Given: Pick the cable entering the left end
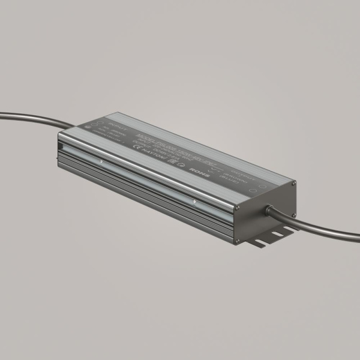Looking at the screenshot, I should pyautogui.click(x=30, y=118).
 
